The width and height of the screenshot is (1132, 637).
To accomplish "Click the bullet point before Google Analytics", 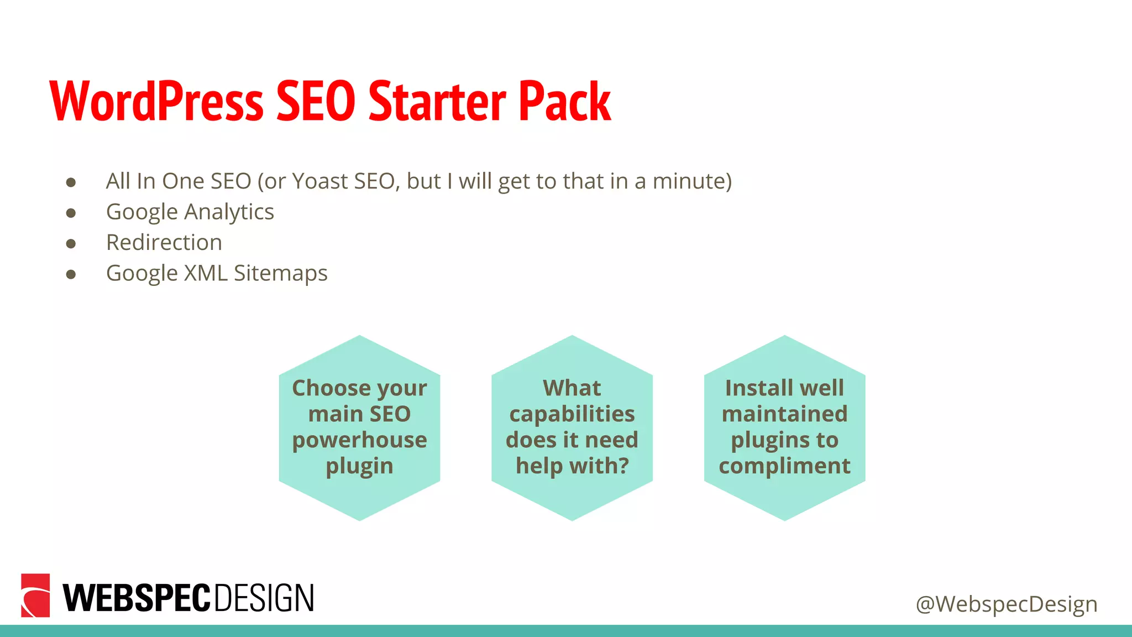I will pyautogui.click(x=71, y=213).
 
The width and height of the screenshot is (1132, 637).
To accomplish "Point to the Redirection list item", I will pyautogui.click(x=164, y=243).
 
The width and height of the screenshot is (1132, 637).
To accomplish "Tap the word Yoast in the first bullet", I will pyautogui.click(x=319, y=181).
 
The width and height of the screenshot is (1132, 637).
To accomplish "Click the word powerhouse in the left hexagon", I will pyautogui.click(x=359, y=440).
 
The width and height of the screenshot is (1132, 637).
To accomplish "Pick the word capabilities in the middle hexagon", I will pyautogui.click(x=572, y=414).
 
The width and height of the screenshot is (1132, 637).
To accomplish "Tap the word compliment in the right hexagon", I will pyautogui.click(x=784, y=466).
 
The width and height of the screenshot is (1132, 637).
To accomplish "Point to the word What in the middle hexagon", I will pyautogui.click(x=572, y=388).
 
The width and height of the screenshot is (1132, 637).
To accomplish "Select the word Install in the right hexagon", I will pyautogui.click(x=754, y=388).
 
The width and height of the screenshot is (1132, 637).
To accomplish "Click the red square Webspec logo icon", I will pyautogui.click(x=35, y=596).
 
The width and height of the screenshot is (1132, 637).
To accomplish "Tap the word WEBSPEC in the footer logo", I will pyautogui.click(x=137, y=598).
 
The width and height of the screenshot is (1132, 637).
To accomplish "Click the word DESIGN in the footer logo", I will pyautogui.click(x=264, y=598).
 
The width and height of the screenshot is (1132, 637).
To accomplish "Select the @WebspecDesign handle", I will pyautogui.click(x=1006, y=604).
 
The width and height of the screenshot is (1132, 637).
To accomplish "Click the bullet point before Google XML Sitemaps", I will pyautogui.click(x=71, y=274).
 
